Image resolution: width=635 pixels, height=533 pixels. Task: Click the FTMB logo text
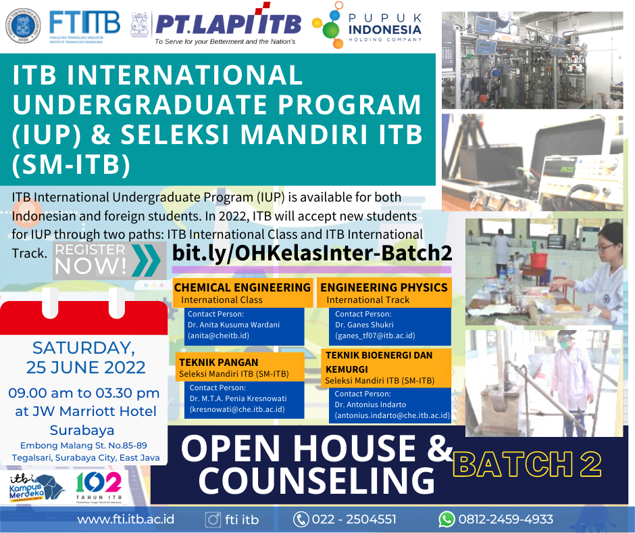click(84, 23)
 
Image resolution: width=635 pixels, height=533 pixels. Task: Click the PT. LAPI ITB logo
click(228, 25)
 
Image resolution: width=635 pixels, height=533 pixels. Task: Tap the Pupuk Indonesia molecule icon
click(328, 25)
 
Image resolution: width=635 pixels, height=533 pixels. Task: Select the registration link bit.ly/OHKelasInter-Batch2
click(312, 253)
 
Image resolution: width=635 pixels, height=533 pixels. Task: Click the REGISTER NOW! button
click(109, 260)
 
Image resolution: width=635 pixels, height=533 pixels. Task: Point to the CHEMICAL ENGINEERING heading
click(242, 287)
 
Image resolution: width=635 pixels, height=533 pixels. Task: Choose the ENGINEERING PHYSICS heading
click(384, 287)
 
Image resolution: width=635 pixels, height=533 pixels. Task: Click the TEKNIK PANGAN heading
click(219, 363)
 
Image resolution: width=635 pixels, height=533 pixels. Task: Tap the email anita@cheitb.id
click(218, 335)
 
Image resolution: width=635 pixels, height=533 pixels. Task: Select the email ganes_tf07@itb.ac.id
click(375, 335)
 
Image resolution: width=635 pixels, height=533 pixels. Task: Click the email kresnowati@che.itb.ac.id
click(237, 409)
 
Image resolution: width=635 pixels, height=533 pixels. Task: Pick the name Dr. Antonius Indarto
click(370, 404)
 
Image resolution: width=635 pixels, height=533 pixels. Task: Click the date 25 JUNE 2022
click(86, 367)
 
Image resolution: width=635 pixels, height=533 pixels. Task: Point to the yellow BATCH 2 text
click(527, 465)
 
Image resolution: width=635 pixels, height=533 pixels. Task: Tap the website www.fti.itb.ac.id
click(126, 519)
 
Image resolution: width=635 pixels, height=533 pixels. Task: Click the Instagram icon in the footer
click(213, 519)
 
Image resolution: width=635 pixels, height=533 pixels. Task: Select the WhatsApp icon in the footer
click(447, 519)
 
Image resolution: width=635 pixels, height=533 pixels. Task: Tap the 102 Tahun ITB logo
click(99, 487)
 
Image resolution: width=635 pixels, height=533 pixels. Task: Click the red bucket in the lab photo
click(538, 260)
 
